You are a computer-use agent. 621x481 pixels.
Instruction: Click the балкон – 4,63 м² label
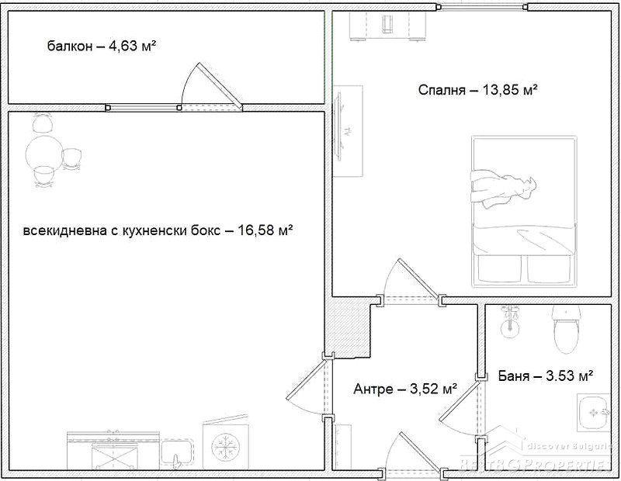coord(102,46)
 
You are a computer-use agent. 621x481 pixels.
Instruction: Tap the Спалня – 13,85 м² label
coord(477,90)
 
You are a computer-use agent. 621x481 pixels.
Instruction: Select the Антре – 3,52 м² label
coord(405,389)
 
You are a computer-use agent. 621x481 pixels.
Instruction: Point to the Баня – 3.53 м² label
coord(546,375)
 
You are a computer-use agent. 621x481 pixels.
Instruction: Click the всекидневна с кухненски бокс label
coord(122,230)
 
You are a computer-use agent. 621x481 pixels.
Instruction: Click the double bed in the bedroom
coord(523,210)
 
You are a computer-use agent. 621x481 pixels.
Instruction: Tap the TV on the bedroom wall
coord(340,126)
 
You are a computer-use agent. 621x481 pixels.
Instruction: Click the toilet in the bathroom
coord(567,329)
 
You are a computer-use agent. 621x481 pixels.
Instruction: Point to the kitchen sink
coord(177,454)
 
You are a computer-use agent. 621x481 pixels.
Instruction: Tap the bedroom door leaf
coord(418,279)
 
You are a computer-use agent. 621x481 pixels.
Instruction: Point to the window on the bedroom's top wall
coord(482,7)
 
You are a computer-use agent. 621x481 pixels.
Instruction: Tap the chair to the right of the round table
coord(71,159)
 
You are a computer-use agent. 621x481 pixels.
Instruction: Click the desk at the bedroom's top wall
coord(387,26)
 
